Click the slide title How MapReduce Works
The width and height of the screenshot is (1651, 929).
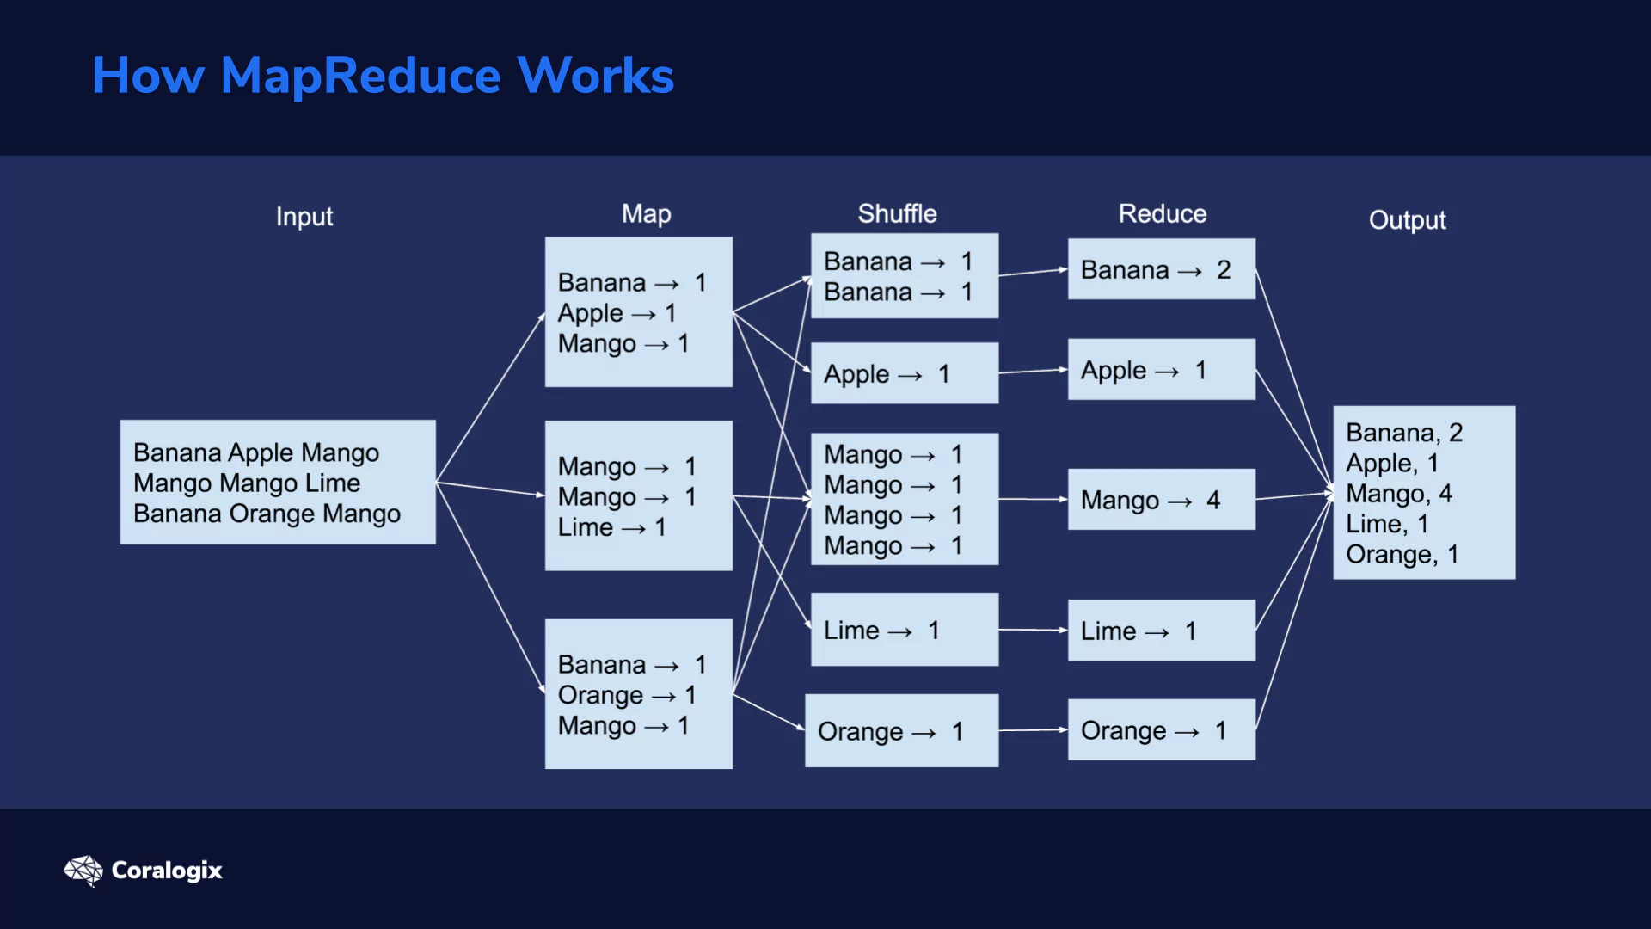point(383,75)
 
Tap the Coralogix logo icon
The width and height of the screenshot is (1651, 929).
point(83,871)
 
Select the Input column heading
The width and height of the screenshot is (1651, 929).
point(304,216)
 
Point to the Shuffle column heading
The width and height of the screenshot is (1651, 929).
point(897,213)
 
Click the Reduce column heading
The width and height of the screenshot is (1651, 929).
point(1163,213)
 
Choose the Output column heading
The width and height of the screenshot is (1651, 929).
point(1408,220)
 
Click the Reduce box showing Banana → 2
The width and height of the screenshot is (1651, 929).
point(1162,269)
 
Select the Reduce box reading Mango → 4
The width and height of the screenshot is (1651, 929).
point(1162,499)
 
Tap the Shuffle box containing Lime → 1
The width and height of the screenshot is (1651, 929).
point(905,630)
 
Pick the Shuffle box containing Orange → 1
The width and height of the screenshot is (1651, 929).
point(902,730)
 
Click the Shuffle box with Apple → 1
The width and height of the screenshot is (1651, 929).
point(905,373)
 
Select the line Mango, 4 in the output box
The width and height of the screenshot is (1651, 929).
point(1399,493)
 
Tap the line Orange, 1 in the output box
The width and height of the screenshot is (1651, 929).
point(1402,554)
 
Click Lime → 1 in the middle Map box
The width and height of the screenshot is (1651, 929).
point(612,527)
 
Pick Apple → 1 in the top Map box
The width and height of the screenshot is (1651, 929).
point(617,313)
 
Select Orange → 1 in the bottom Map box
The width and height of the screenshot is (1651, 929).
point(627,695)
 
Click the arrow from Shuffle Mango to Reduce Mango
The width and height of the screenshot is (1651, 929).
point(1033,499)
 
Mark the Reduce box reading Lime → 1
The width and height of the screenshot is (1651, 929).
point(1162,631)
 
